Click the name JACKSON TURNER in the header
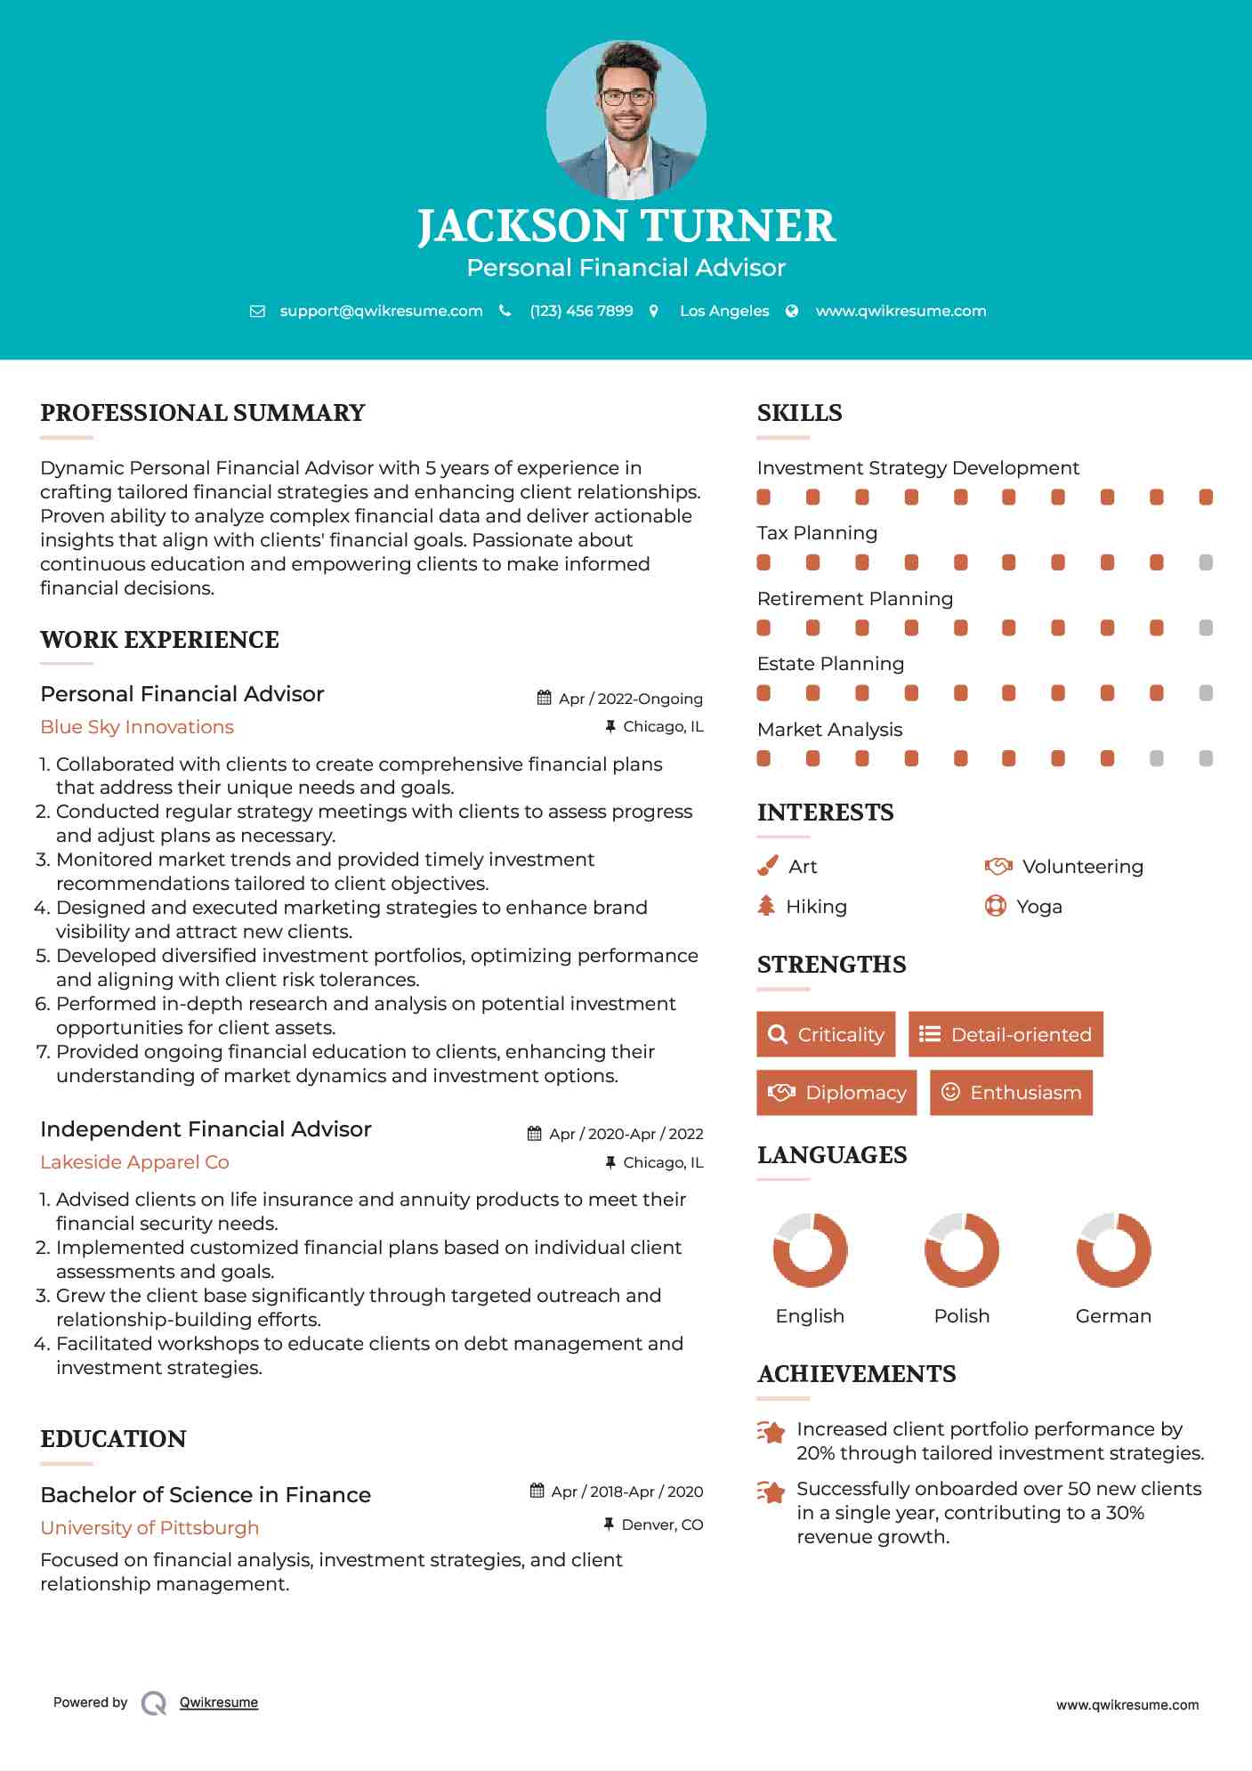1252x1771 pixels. (x=626, y=226)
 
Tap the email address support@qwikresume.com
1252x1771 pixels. (x=381, y=311)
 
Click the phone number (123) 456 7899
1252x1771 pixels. (x=581, y=311)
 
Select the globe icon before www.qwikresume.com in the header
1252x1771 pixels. (x=792, y=311)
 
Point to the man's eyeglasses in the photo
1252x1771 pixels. (x=626, y=97)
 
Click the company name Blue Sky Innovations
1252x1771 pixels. (x=137, y=727)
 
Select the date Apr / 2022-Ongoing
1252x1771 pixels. (x=630, y=699)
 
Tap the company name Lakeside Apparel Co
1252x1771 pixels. (x=134, y=1162)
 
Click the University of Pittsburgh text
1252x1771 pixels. (x=149, y=1528)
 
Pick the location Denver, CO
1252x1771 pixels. (x=662, y=1524)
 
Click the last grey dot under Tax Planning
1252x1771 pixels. (x=1206, y=562)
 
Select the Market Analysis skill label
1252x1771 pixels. (x=829, y=730)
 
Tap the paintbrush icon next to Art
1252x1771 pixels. (x=767, y=866)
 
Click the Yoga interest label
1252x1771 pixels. (x=1039, y=907)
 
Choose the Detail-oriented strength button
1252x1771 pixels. (x=1006, y=1034)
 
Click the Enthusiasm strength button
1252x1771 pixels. (x=1011, y=1093)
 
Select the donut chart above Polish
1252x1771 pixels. (x=961, y=1249)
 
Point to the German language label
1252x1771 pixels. (x=1113, y=1316)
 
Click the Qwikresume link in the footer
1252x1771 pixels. (x=219, y=1702)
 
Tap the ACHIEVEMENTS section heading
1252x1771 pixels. (x=856, y=1374)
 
